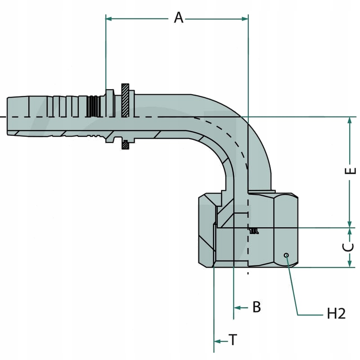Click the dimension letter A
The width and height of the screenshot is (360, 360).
[179, 18]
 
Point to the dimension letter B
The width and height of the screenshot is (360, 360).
[256, 307]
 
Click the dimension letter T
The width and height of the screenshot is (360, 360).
[233, 340]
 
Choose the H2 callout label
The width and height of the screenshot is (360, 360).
[336, 314]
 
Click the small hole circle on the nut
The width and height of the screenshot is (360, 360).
[286, 256]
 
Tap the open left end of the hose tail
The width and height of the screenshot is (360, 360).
[9, 116]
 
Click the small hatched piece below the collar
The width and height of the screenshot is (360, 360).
[126, 145]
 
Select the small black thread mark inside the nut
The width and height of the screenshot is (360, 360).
[254, 230]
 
